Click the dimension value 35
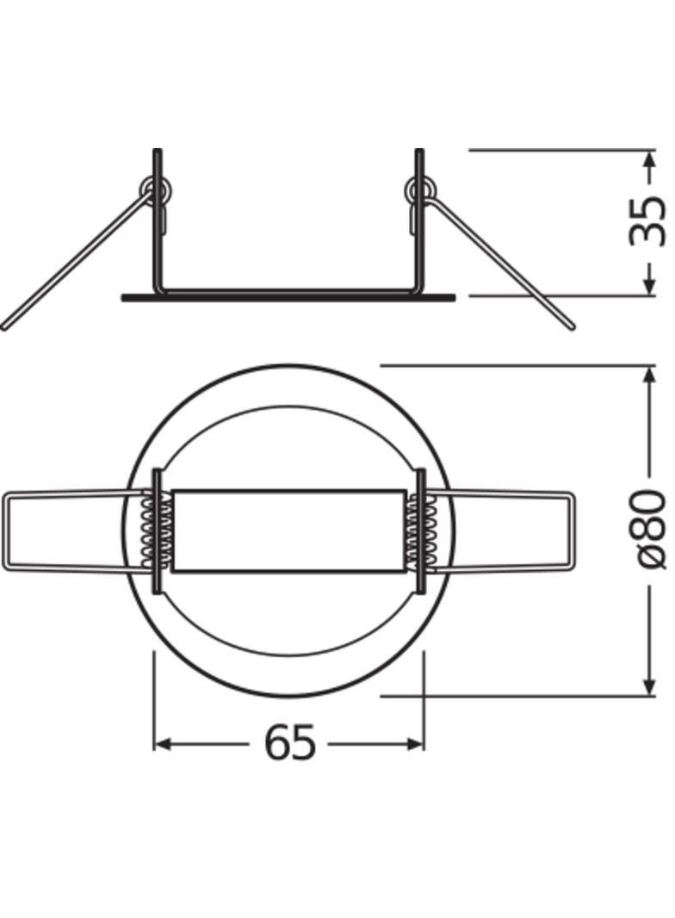(x=647, y=222)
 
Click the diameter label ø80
(x=647, y=530)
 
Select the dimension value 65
(x=289, y=742)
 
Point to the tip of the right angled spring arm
(x=570, y=326)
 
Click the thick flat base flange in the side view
(x=288, y=298)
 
